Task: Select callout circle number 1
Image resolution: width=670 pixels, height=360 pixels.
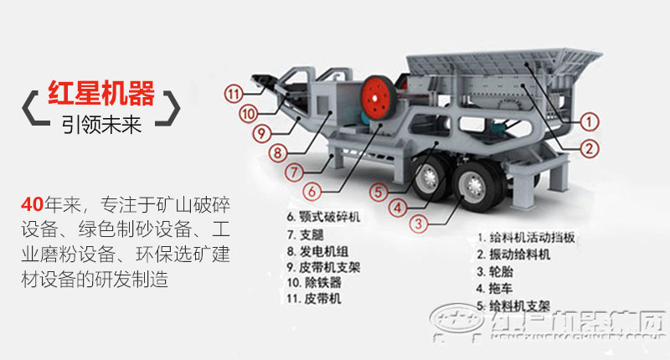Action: pos(590,121)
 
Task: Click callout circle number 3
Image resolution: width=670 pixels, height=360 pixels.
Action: pos(418,223)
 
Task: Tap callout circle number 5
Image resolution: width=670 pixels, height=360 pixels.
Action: pos(379,190)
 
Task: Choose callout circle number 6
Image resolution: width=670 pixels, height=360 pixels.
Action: pos(312,191)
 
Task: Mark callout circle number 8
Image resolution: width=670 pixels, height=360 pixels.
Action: pos(278,153)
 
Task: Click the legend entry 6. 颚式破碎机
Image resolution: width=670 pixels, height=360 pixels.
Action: pos(323,218)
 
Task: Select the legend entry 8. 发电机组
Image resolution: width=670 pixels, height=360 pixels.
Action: pos(317,250)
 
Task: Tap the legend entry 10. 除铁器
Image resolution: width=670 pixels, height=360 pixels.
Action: pos(314,282)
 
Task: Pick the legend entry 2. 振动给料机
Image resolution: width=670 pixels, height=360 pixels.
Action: pos(513,254)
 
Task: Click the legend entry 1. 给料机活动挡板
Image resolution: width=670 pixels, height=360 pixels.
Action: pos(525,237)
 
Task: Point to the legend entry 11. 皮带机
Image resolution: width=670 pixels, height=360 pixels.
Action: pos(314,298)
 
